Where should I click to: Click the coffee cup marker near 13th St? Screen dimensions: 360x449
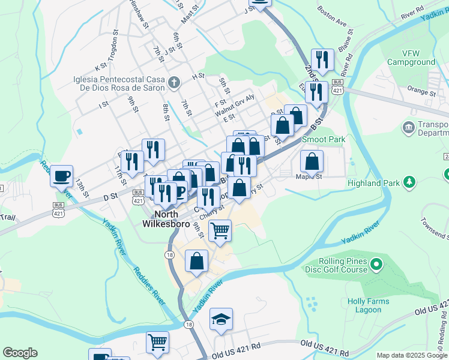pos(61,176)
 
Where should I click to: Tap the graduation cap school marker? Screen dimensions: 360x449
pos(221,320)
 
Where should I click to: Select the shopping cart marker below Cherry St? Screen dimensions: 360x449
pos(220,230)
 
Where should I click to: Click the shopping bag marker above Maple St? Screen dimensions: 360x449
pos(312,161)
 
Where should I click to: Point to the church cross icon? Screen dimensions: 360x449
pos(173,82)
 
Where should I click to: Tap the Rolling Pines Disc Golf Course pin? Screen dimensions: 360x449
pos(376,263)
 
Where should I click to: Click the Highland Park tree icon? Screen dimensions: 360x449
pos(409,181)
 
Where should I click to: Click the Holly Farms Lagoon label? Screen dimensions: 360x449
pos(368,305)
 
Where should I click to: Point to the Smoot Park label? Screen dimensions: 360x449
pos(324,139)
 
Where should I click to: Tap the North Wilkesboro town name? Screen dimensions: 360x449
pos(166,219)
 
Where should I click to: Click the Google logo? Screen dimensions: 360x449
pos(20,353)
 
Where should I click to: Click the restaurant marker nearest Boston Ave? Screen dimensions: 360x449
pos(323,59)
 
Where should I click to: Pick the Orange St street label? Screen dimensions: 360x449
pos(420,93)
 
